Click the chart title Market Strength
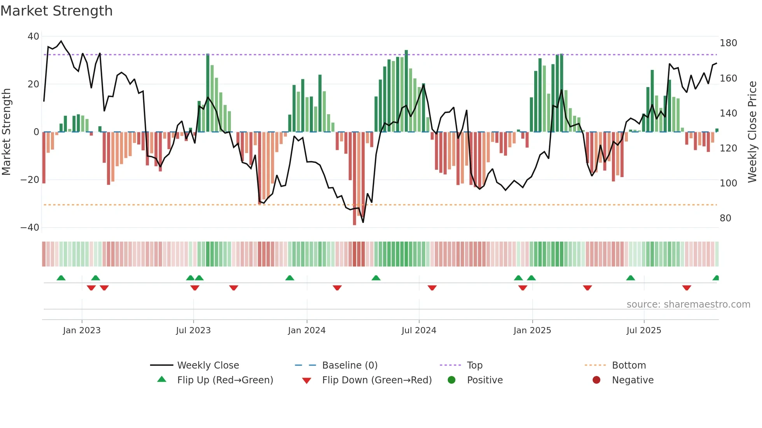56,11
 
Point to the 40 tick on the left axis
33,37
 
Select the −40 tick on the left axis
30,228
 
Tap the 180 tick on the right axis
728,43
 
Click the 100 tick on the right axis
728,183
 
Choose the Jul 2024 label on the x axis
419,331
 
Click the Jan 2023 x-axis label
82,331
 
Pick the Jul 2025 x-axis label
643,331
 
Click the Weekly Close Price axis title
752,132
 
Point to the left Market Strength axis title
7,132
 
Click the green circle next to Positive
451,380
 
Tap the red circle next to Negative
596,380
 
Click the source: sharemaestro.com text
688,304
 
